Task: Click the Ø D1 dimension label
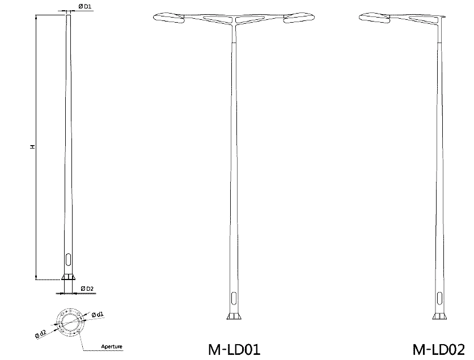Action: (x=85, y=6)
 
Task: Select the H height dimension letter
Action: (x=33, y=147)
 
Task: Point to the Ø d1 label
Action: (x=97, y=314)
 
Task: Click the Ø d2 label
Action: (x=40, y=333)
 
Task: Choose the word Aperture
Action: (x=111, y=346)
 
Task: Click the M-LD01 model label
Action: (x=233, y=348)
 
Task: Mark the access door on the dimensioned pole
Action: (x=68, y=262)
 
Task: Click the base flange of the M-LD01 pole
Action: (x=233, y=316)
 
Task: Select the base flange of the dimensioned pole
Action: (x=68, y=277)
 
